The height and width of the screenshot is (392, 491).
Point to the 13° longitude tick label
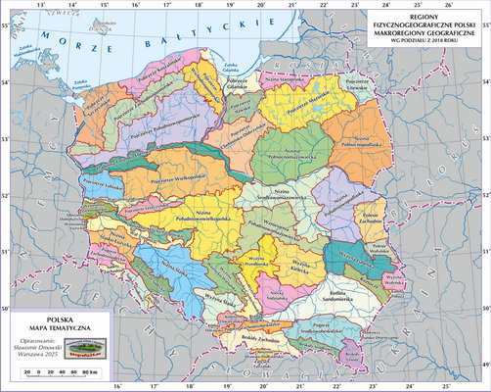(39, 6)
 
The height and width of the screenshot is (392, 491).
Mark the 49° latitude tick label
(484, 364)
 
